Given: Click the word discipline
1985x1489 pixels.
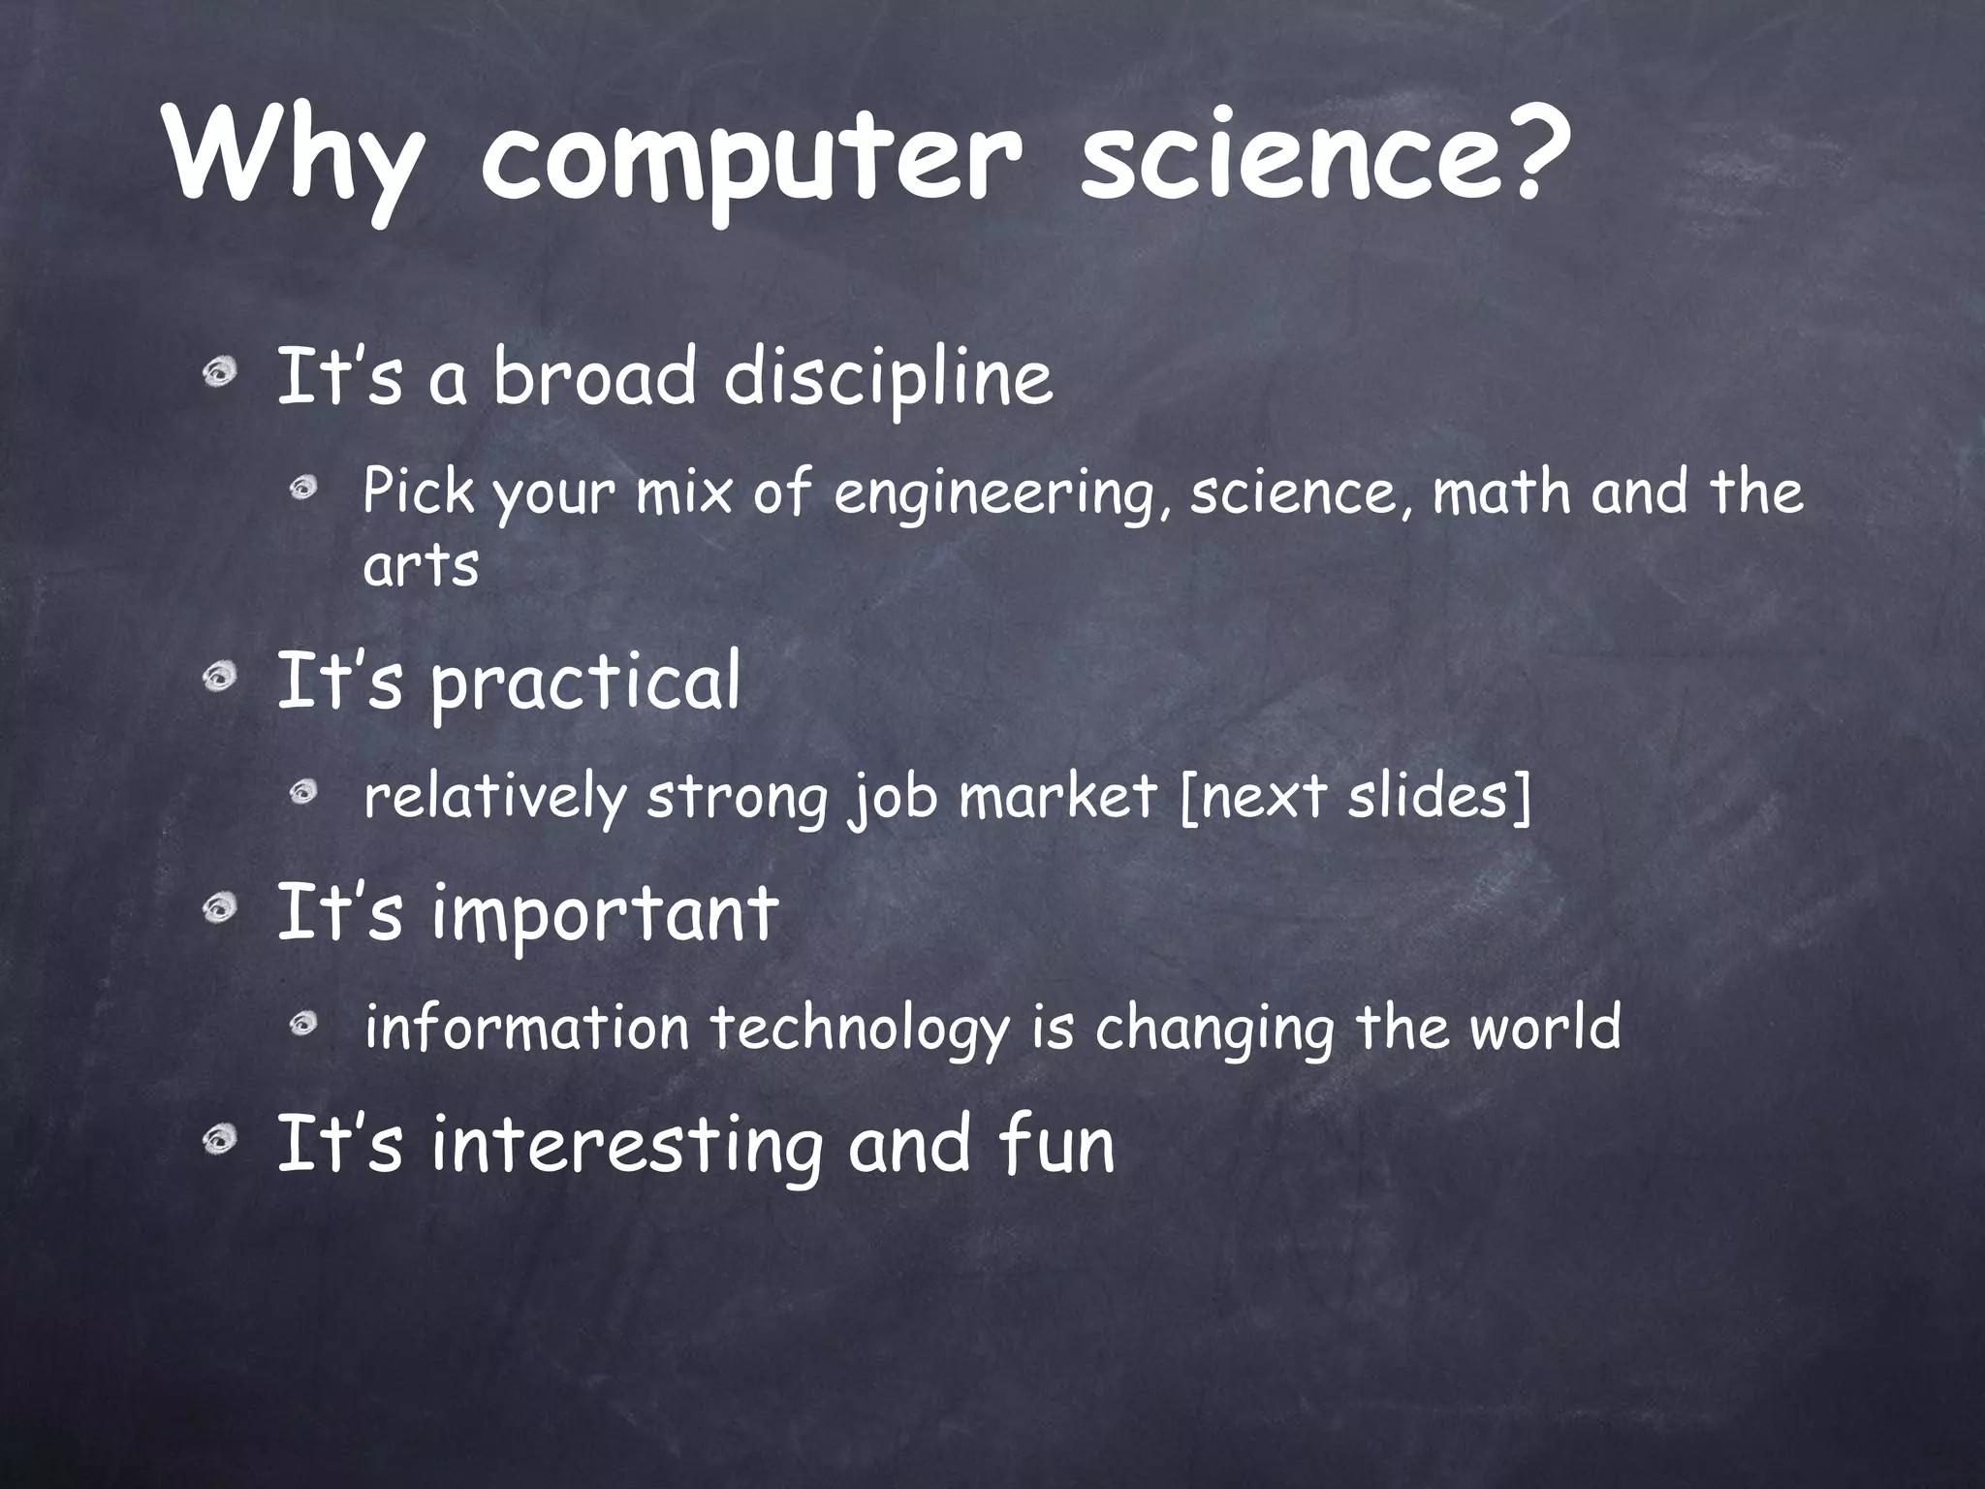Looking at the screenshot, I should (x=887, y=378).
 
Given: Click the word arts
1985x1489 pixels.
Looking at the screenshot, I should (x=421, y=566).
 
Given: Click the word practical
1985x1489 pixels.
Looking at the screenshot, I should (x=585, y=683).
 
